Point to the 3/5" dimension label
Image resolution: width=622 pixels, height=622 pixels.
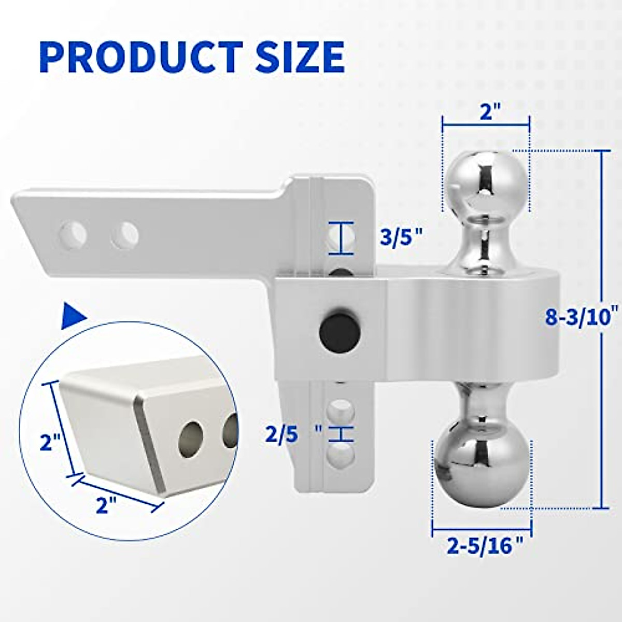(399, 239)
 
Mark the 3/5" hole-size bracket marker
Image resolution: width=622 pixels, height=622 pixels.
(340, 238)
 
